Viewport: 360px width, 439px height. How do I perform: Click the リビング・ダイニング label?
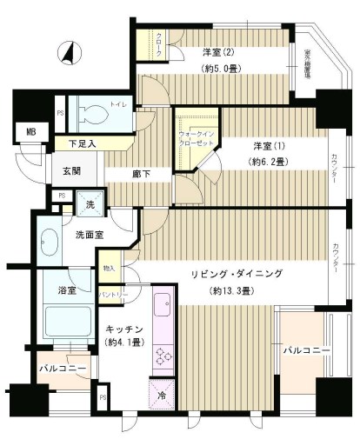click(238, 273)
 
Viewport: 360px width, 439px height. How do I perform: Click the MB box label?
click(30, 132)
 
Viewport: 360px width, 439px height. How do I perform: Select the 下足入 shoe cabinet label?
click(82, 143)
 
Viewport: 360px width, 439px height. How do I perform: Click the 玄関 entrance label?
click(70, 170)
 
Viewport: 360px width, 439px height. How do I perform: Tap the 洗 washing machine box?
click(90, 204)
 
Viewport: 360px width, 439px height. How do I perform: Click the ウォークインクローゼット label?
click(197, 137)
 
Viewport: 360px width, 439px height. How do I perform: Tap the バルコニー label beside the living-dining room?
click(303, 349)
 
